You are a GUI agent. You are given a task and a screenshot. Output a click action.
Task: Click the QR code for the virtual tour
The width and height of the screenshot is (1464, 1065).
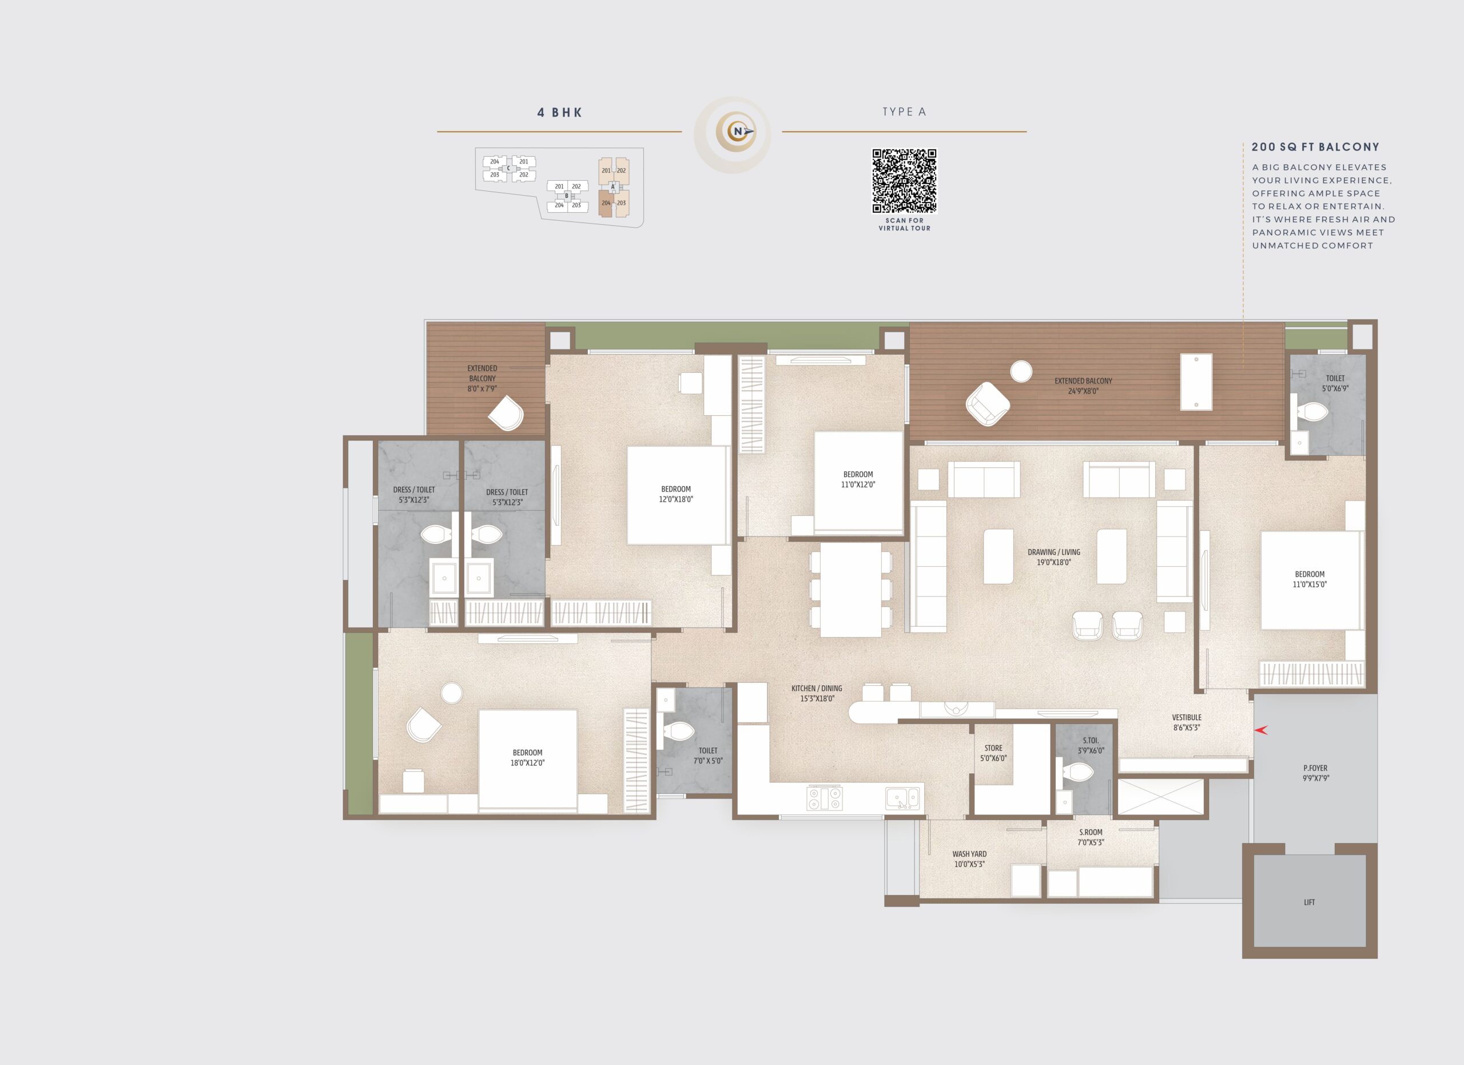904,181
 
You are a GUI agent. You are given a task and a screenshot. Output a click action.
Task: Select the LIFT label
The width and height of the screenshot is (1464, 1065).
1309,903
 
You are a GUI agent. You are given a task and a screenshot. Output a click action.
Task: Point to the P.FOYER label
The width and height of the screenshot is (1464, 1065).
1315,773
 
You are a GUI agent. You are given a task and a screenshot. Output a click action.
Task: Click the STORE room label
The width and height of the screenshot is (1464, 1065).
993,753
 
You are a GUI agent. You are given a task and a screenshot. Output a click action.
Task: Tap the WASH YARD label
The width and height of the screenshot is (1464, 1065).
969,859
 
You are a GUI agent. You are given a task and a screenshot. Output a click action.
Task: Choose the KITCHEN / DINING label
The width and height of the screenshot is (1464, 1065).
817,693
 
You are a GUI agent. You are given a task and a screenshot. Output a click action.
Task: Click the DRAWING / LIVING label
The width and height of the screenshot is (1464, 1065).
1054,557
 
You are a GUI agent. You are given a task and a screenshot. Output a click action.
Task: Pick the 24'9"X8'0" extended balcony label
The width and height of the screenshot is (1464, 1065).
1083,391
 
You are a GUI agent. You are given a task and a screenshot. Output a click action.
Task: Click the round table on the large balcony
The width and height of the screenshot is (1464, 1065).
1021,371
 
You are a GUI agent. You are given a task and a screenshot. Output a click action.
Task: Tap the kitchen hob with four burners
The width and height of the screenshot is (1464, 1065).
824,798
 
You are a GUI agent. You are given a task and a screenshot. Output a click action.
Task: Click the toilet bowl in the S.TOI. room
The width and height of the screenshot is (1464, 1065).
1077,772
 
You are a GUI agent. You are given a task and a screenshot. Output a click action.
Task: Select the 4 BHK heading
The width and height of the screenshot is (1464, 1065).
560,113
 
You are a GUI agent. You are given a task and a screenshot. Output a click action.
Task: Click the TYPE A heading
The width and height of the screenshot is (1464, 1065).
904,112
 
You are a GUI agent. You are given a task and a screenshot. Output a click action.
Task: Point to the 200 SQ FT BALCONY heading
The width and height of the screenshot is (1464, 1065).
1315,147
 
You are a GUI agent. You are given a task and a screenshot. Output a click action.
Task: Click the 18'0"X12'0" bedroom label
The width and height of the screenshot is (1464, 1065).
527,763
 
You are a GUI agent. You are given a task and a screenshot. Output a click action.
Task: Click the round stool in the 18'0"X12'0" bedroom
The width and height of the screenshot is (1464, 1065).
452,693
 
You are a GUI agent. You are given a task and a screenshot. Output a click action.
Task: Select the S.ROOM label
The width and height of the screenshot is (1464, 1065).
1091,837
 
